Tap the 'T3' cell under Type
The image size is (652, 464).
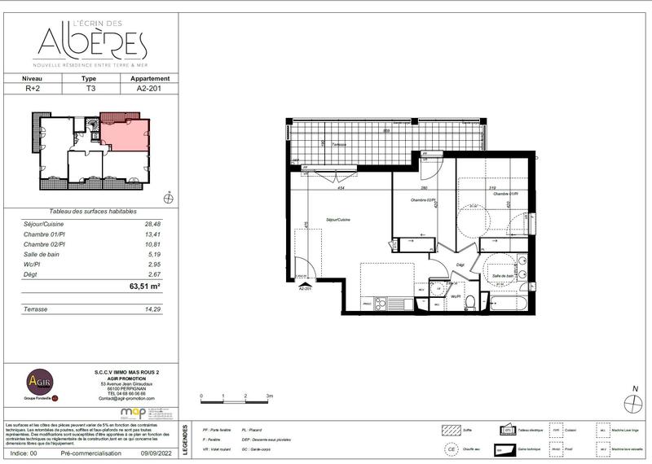tap(90, 90)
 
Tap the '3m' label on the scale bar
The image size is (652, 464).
tap(269, 395)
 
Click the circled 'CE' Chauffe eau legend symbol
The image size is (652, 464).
tap(450, 449)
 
